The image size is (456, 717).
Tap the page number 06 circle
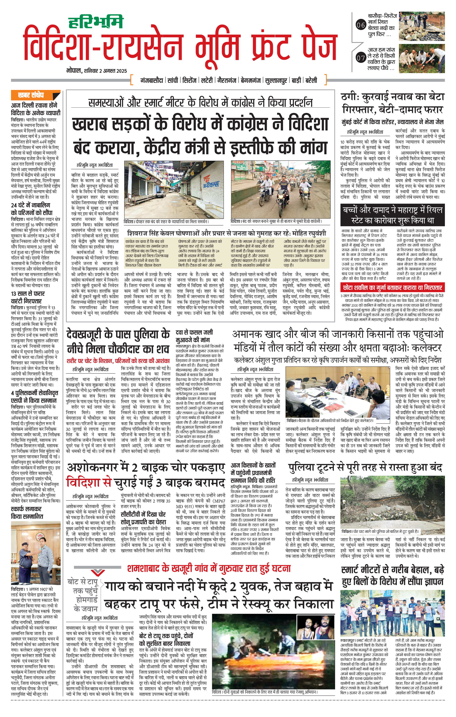(x=361, y=25)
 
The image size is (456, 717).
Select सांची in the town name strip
(x=173, y=80)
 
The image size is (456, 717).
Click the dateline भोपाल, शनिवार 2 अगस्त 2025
(x=97, y=71)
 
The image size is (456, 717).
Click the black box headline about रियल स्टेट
(x=392, y=215)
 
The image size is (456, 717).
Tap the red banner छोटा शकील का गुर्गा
(x=392, y=288)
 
